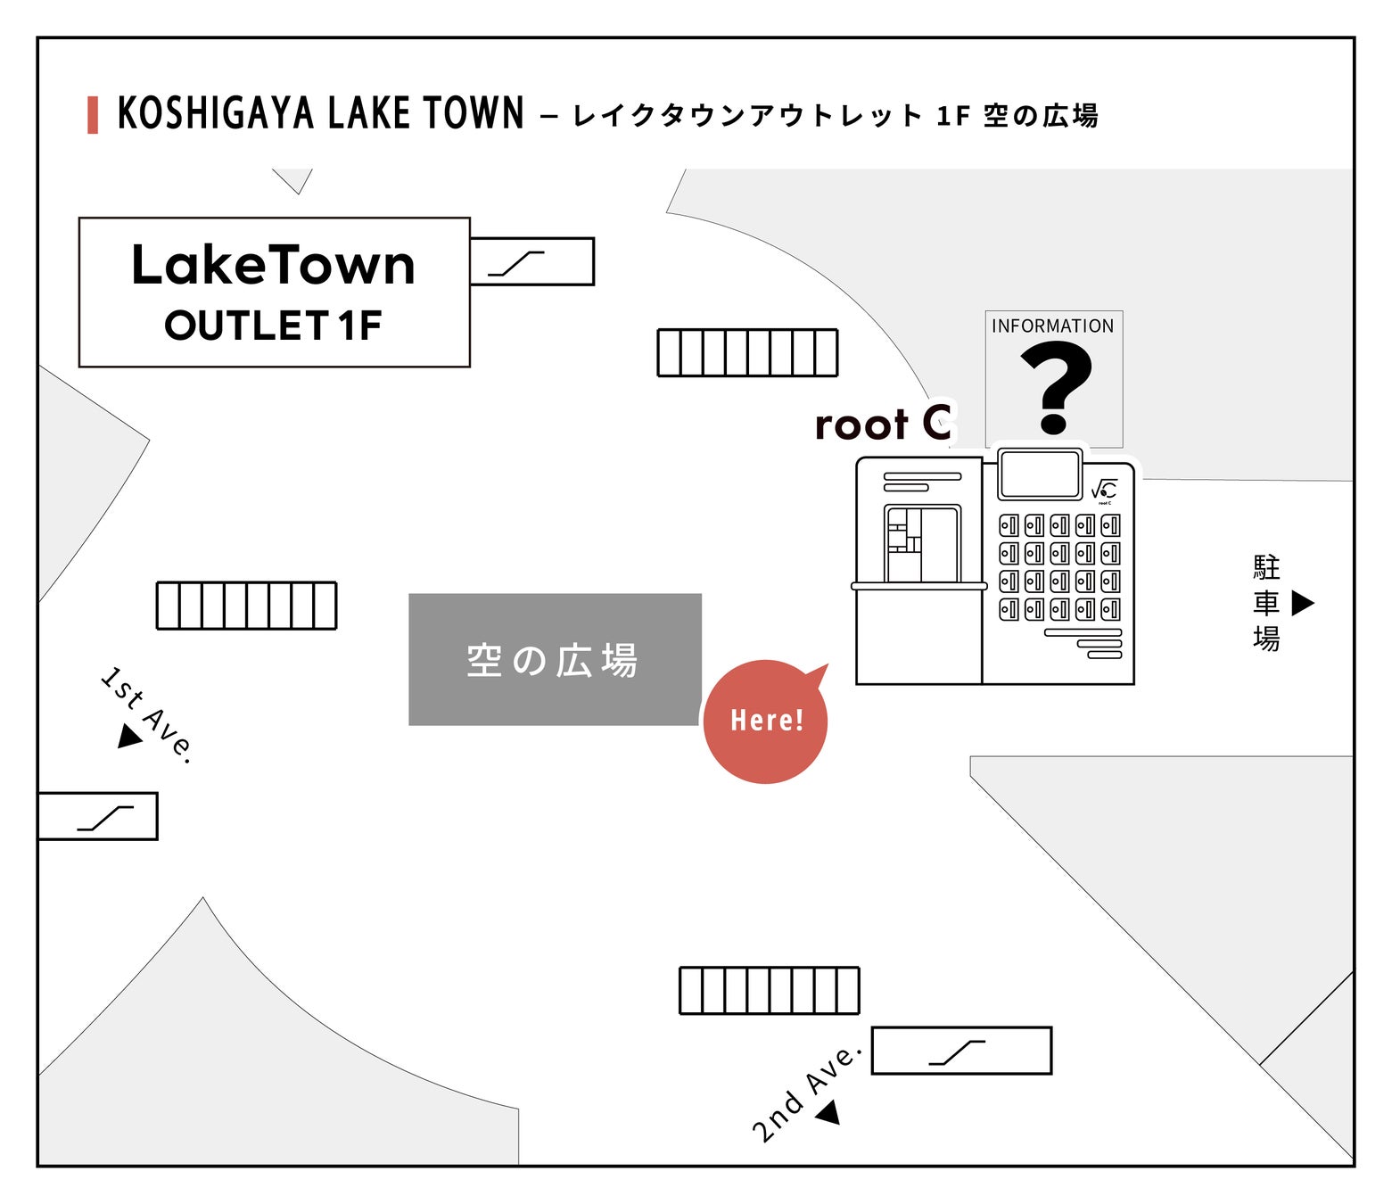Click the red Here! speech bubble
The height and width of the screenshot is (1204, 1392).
point(765,722)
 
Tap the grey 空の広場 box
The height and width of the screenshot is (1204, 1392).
point(554,660)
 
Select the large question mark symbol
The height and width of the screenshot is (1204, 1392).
point(1055,388)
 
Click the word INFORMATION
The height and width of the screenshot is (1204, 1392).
point(1052,326)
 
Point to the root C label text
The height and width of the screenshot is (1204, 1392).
point(883,424)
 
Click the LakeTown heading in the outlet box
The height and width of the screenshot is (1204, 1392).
point(273,266)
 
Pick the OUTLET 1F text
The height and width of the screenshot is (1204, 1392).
point(273,326)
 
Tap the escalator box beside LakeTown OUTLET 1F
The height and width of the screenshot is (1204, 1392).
point(532,261)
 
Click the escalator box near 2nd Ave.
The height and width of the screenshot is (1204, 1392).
point(961,1051)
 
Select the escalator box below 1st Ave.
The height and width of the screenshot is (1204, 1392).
point(98,816)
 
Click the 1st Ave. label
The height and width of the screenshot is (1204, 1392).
point(147,713)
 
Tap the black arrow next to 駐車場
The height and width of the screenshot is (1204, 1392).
point(1303,603)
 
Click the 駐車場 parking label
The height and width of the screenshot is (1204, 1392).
point(1266,603)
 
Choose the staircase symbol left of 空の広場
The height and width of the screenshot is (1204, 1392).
point(246,606)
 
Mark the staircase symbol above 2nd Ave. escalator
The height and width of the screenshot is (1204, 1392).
point(769,990)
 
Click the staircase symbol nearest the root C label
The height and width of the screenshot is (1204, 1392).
point(747,352)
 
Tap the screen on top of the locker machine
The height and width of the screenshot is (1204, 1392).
point(1040,474)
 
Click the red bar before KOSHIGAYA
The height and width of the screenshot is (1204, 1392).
point(93,115)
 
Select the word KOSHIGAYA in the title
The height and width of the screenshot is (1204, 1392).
point(216,114)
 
